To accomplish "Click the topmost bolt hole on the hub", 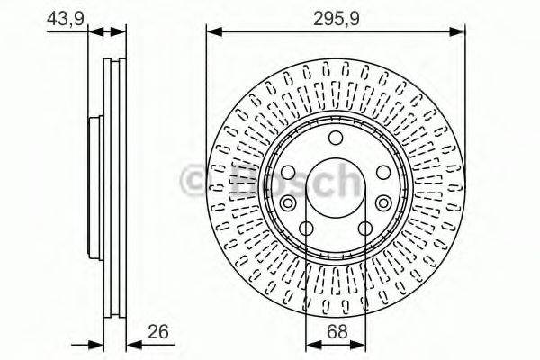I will [x=336, y=138].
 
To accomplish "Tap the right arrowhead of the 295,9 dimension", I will [x=458, y=33].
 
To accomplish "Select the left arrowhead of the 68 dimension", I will [x=311, y=343].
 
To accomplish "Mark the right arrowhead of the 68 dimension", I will [x=361, y=343].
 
